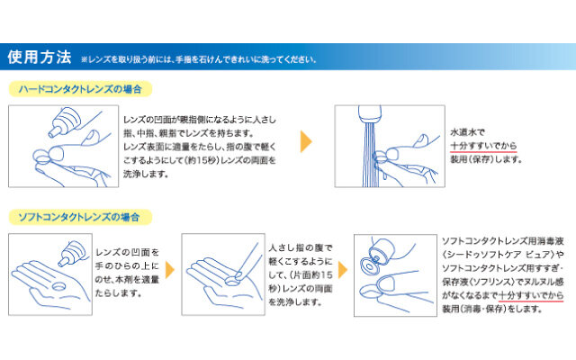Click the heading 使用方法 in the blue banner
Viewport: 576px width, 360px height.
coord(40,57)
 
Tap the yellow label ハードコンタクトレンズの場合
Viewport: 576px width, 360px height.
coord(80,89)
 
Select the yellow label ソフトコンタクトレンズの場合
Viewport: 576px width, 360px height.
coord(80,217)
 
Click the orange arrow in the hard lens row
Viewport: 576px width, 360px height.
coord(306,141)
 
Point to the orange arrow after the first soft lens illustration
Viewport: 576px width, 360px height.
coord(170,270)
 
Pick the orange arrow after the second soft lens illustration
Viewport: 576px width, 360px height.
coord(342,270)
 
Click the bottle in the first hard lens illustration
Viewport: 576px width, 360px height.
coord(65,121)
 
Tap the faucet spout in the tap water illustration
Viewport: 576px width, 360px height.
coord(370,114)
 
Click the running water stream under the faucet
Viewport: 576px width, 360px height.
coord(370,154)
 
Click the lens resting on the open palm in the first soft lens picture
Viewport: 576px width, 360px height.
coord(58,286)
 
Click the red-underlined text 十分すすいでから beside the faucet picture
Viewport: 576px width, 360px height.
coord(483,146)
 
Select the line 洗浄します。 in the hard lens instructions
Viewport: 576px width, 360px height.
coord(146,174)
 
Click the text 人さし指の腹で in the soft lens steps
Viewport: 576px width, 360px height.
coord(300,248)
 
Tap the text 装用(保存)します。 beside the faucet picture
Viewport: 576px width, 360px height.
coord(486,159)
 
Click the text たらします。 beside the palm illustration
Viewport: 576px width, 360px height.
coord(118,293)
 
